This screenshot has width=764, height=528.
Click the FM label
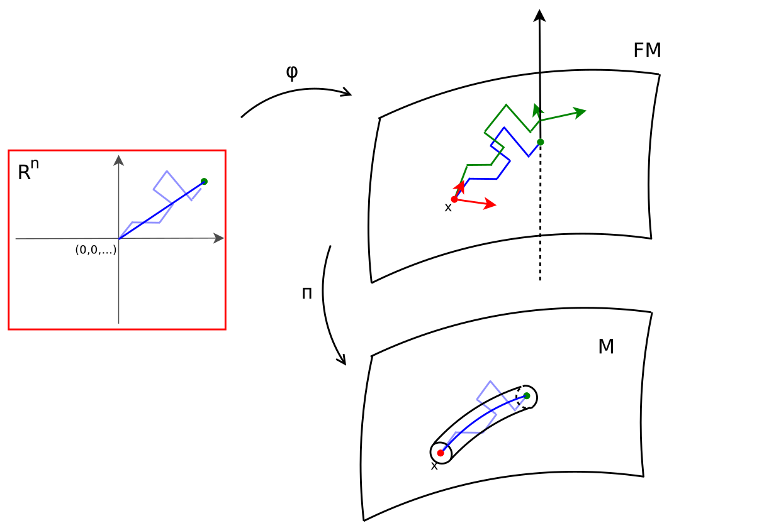click(647, 50)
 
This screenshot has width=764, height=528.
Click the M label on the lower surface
click(606, 346)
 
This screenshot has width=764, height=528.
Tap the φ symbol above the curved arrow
click(292, 73)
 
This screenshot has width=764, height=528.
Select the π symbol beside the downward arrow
click(307, 294)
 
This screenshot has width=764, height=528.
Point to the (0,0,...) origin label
click(96, 250)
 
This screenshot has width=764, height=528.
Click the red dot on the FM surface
click(454, 199)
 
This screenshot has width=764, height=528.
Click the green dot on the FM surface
click(541, 142)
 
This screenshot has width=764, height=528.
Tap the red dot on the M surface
click(441, 453)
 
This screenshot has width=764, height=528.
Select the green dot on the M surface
click(527, 396)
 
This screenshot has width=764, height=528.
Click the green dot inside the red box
click(204, 181)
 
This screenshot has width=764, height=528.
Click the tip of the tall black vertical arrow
click(539, 14)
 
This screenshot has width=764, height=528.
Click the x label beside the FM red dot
click(448, 208)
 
